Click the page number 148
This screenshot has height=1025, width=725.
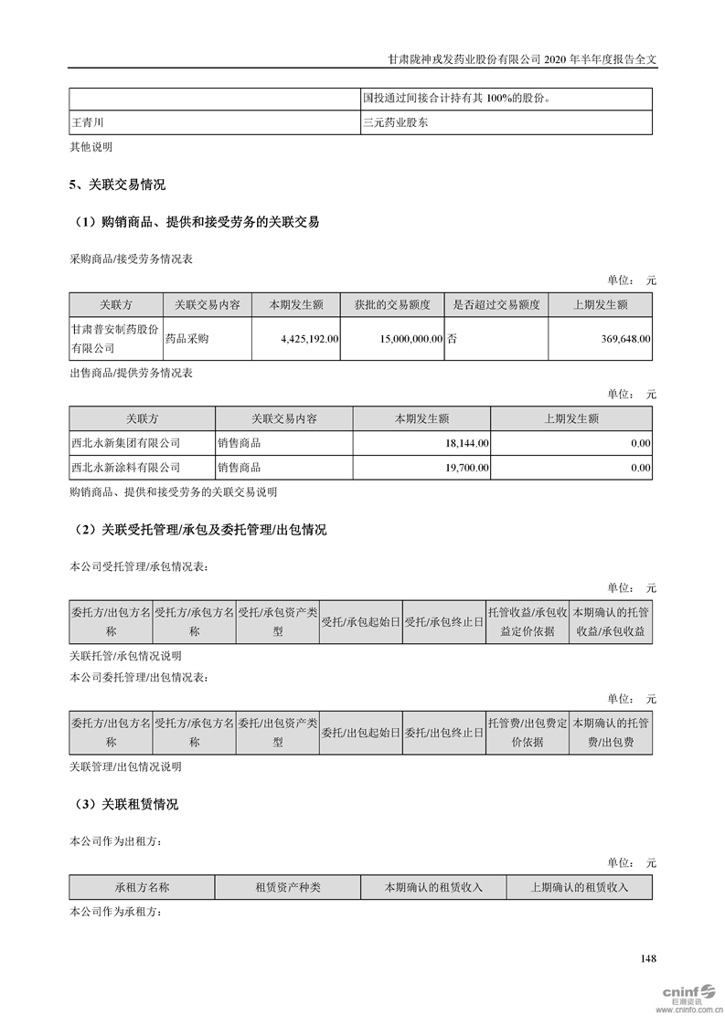click(x=648, y=958)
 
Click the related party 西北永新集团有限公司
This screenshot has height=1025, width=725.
click(x=125, y=443)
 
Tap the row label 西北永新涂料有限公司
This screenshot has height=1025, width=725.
click(x=125, y=468)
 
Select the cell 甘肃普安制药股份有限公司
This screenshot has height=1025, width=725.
click(x=114, y=338)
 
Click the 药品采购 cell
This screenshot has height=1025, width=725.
click(x=187, y=338)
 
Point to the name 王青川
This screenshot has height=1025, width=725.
click(x=90, y=122)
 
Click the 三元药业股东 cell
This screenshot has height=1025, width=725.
click(x=395, y=122)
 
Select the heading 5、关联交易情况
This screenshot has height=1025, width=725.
click(x=117, y=185)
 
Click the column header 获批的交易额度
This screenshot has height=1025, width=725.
click(x=392, y=305)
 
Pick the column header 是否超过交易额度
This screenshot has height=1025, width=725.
click(x=496, y=305)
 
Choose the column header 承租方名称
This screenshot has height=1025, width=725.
click(x=142, y=887)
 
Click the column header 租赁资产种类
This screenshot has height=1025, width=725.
click(x=287, y=887)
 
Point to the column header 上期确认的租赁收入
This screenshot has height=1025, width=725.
click(x=580, y=887)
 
